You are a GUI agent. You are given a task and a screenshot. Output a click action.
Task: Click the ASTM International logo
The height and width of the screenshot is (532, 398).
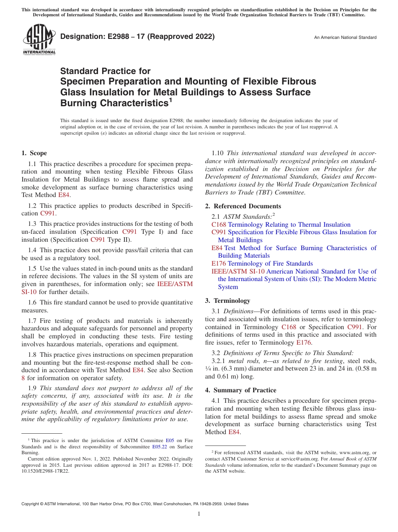[39, 40]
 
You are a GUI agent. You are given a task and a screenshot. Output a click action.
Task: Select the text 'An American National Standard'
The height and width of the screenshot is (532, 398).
[345, 38]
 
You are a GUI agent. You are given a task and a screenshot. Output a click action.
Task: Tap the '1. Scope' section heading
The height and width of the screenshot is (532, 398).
[34, 153]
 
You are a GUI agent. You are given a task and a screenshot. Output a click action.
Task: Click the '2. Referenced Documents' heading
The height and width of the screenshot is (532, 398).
[243, 206]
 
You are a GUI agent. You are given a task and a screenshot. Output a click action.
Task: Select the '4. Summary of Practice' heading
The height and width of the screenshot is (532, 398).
[240, 390]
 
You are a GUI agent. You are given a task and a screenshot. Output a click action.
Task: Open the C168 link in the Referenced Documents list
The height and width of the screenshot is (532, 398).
[219, 225]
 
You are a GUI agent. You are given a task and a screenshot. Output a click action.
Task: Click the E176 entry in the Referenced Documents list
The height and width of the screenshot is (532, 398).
[219, 263]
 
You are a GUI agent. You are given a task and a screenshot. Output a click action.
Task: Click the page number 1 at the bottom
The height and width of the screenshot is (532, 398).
[199, 514]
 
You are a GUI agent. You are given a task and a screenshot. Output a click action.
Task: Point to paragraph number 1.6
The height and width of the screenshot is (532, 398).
[32, 302]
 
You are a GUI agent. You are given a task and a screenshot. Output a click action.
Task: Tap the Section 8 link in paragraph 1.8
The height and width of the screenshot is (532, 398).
[23, 378]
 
